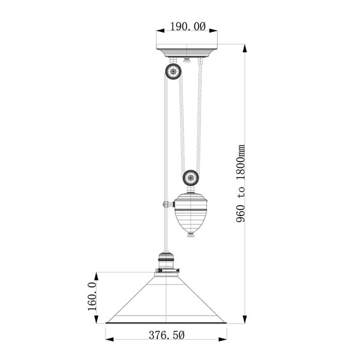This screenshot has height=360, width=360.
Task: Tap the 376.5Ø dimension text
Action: click(x=166, y=336)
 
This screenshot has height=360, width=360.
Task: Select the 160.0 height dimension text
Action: click(x=92, y=298)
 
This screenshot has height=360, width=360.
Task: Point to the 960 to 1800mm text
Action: click(x=241, y=182)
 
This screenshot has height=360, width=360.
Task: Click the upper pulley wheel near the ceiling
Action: click(x=173, y=72)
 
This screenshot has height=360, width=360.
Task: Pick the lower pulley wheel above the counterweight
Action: click(x=191, y=177)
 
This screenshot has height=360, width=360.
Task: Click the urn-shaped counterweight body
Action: click(x=191, y=211)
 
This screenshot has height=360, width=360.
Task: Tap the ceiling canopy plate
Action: click(x=188, y=52)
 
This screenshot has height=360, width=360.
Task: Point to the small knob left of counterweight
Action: click(x=164, y=205)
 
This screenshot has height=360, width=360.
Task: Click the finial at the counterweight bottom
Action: click(x=191, y=234)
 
